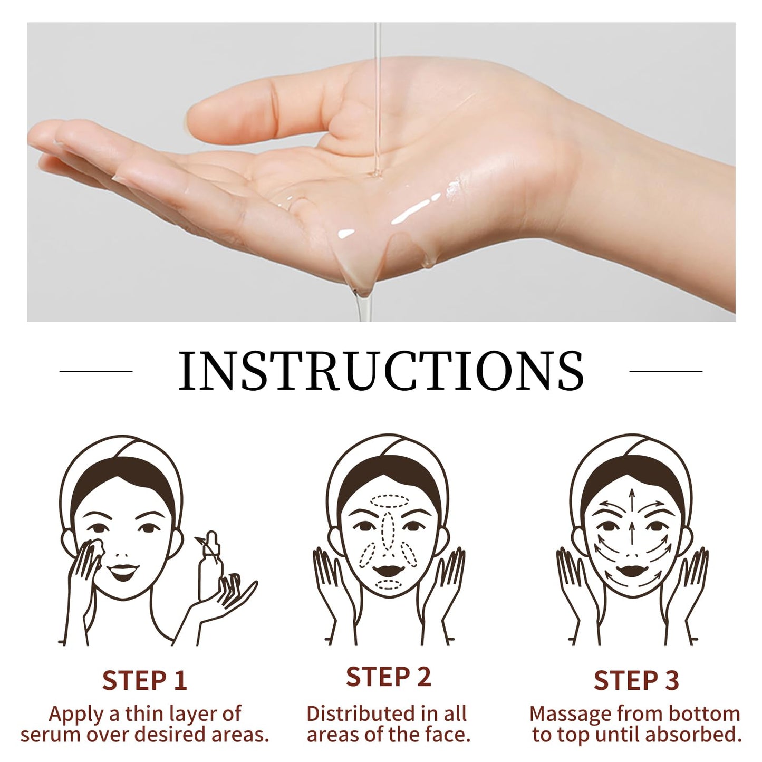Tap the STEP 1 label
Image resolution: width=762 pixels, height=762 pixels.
coord(144,680)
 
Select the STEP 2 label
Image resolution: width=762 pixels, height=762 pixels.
coord(388,677)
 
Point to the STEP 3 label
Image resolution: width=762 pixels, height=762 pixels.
coord(636,680)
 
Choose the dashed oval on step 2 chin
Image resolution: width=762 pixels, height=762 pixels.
coord(389,584)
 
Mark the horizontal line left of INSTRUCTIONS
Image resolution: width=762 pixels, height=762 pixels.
coord(96,371)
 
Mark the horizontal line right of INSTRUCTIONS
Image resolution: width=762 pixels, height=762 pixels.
coord(665,371)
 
